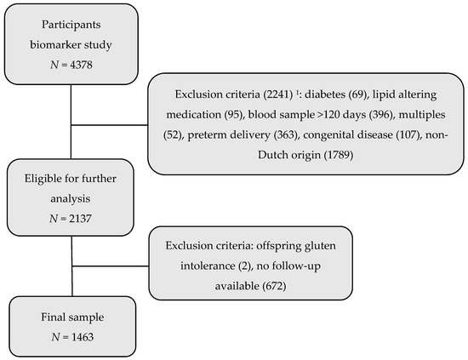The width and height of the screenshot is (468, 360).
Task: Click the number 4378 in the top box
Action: click(81, 65)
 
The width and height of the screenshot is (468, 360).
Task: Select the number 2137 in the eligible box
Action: click(80, 219)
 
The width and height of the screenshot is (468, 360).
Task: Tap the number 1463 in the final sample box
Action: click(83, 337)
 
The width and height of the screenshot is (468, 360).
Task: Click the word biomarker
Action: click(55, 44)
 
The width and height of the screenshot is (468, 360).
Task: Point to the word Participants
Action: click(71, 25)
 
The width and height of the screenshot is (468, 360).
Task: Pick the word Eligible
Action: click(41, 179)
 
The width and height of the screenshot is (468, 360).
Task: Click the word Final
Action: click(52, 317)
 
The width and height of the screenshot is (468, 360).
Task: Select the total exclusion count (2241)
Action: click(278, 94)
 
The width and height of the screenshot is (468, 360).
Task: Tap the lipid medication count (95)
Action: click(234, 115)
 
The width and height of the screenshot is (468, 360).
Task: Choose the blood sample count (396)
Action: click(381, 115)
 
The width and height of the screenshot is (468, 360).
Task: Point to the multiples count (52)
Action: click(173, 134)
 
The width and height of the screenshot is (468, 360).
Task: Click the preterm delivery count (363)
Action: click(286, 134)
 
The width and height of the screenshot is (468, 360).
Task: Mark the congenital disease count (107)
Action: click(408, 134)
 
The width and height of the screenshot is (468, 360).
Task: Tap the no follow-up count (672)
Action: click(274, 286)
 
